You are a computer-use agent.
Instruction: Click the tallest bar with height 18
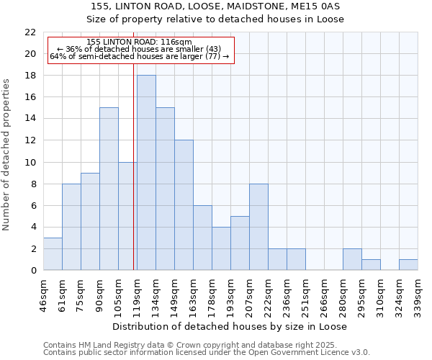pos(146,173)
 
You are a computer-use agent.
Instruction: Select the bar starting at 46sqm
pos(53,253)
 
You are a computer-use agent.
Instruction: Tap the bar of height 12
pos(184,205)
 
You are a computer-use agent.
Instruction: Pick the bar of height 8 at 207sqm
pos(258,227)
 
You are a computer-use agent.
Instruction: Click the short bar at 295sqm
pos(371,264)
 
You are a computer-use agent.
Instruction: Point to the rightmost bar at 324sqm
pos(408,264)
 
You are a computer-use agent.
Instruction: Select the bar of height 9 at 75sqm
pos(90,221)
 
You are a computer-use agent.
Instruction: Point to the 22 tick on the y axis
pos(30,32)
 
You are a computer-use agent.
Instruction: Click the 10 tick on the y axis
pos(30,162)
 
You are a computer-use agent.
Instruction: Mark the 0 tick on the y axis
pos(33,270)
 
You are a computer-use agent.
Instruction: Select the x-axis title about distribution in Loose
pos(231,326)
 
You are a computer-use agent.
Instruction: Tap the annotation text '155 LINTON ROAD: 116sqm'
pos(139,42)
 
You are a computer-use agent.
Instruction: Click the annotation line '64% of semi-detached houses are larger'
pos(139,56)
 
